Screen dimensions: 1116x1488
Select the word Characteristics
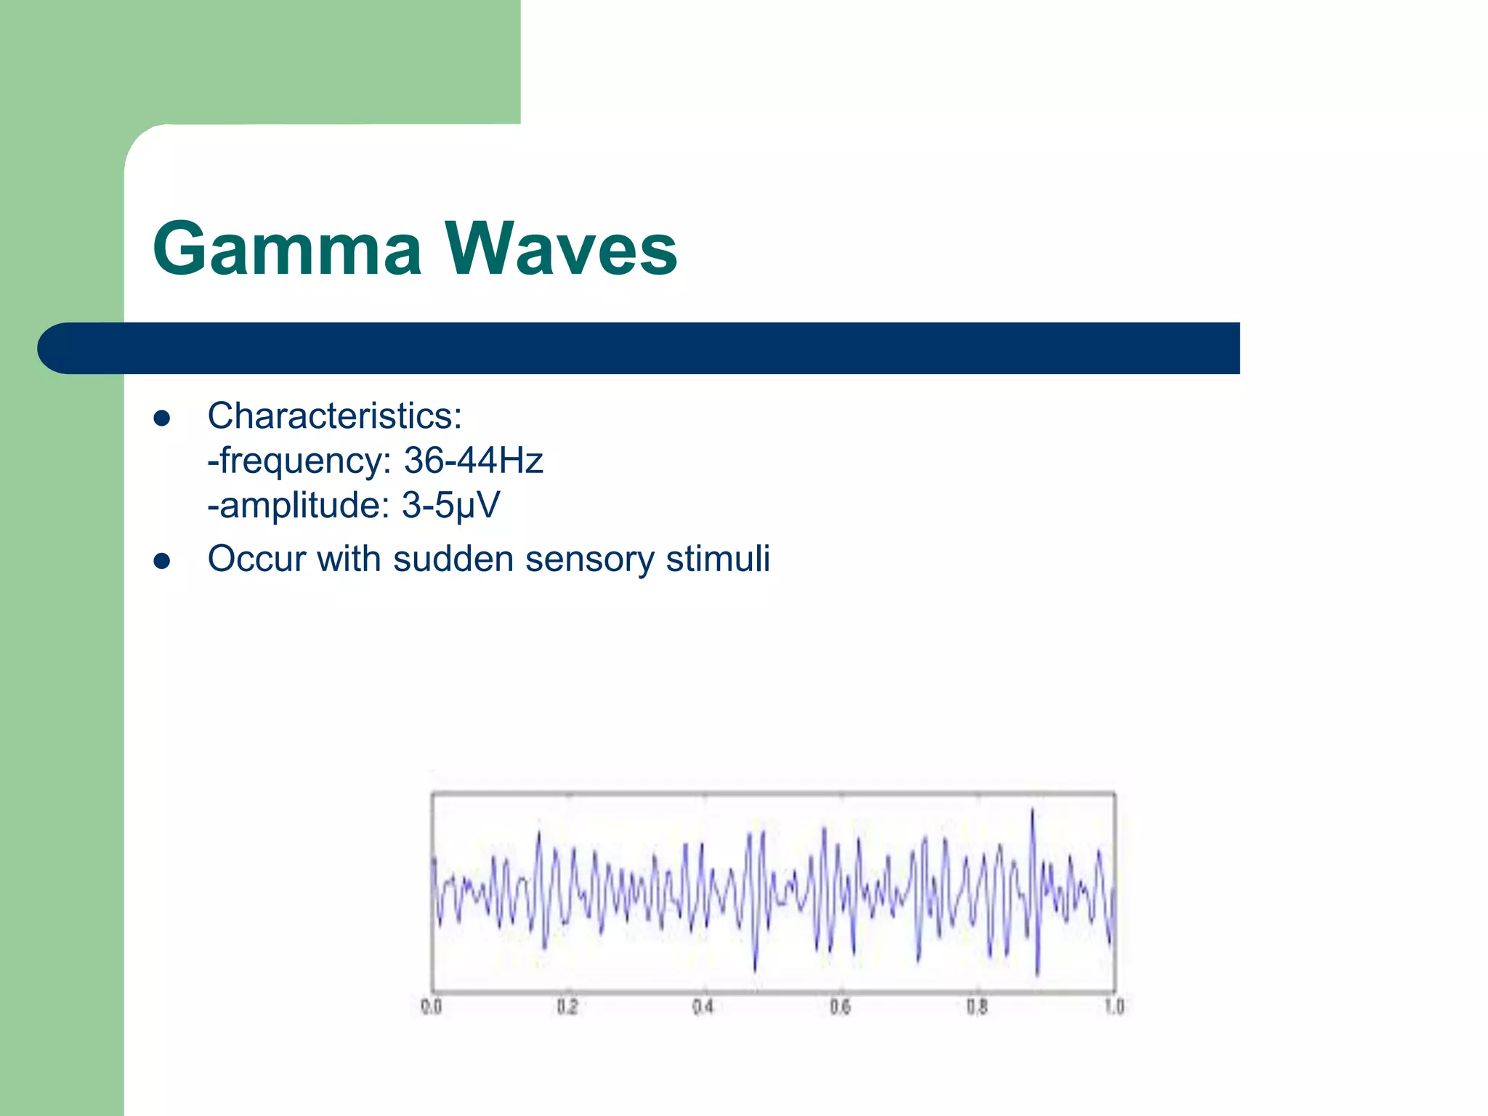pyautogui.click(x=334, y=416)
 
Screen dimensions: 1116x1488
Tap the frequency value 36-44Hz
pyautogui.click(x=473, y=461)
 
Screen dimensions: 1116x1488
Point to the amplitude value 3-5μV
pyautogui.click(x=450, y=505)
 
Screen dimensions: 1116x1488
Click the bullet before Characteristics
pyautogui.click(x=162, y=418)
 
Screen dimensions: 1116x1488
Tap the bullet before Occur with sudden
pyautogui.click(x=162, y=561)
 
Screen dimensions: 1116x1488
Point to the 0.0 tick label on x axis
pyautogui.click(x=431, y=1007)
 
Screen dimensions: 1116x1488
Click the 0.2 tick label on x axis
pyautogui.click(x=567, y=1007)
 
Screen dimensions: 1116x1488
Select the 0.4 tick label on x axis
pyautogui.click(x=703, y=1007)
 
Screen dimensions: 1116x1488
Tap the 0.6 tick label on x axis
pyautogui.click(x=840, y=1007)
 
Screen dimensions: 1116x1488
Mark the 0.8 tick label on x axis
pyautogui.click(x=976, y=1007)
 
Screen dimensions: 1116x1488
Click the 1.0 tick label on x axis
pyautogui.click(x=1114, y=1007)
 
